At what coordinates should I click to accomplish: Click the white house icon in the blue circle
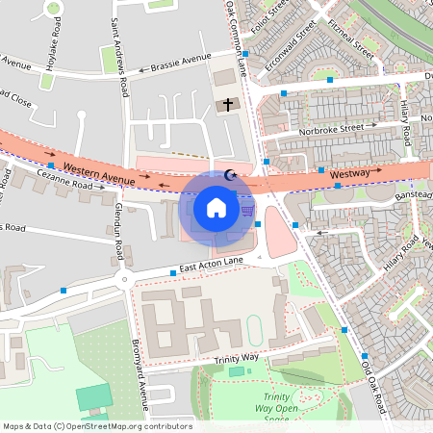point(216,207)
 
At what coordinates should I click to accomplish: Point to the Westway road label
point(349,173)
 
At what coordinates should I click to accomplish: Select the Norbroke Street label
point(331,127)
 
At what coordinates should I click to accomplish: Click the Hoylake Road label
point(51,48)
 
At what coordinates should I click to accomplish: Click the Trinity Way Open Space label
point(277,407)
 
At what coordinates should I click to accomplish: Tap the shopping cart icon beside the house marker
point(247,210)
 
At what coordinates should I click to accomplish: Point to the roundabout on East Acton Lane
point(122,279)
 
